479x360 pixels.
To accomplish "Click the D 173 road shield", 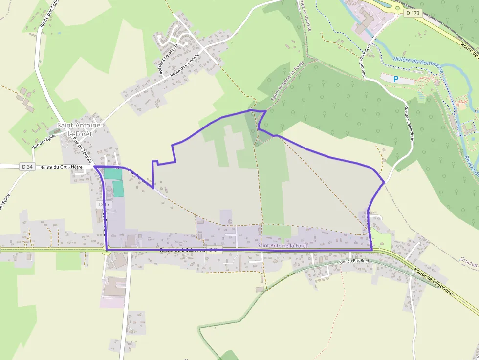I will click(x=413, y=13).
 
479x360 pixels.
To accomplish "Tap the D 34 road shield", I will click(x=27, y=167).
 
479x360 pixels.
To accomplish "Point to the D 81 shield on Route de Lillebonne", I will click(x=215, y=250).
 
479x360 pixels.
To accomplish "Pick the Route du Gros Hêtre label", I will click(x=62, y=167).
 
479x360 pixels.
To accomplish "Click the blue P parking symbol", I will click(x=396, y=79).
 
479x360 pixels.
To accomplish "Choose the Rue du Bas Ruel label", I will click(x=353, y=262).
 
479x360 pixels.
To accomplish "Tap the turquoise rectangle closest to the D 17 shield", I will click(x=118, y=189).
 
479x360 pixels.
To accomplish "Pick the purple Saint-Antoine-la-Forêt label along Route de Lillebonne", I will click(x=283, y=245).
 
